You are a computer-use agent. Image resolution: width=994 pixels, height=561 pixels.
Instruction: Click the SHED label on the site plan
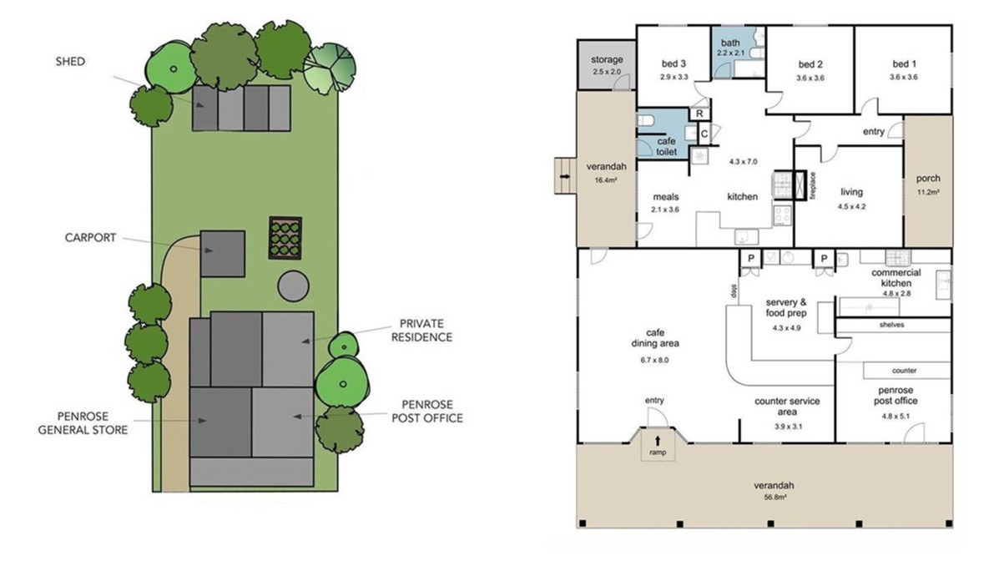(70, 62)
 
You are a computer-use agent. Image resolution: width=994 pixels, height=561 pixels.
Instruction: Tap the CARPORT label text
(91, 238)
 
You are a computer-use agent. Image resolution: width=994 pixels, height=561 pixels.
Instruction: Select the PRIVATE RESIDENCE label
(421, 331)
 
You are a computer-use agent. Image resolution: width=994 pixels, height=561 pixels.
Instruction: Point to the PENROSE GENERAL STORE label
(83, 422)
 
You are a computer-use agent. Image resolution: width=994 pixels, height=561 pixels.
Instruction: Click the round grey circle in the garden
(293, 286)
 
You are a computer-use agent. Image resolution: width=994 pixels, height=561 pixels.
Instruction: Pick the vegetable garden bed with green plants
(285, 238)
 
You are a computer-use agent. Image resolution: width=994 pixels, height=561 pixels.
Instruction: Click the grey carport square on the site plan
(223, 254)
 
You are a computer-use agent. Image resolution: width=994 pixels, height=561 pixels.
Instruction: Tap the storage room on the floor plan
(607, 64)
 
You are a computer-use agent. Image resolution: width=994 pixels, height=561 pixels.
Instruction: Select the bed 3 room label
(674, 63)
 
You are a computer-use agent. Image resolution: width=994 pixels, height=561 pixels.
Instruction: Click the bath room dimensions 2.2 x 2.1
(731, 53)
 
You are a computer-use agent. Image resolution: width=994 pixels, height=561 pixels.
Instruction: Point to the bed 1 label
(905, 63)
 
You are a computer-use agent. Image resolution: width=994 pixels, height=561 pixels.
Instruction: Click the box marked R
(700, 114)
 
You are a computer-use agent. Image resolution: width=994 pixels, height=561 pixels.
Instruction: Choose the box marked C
(704, 134)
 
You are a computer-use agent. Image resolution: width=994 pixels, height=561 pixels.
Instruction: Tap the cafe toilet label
(666, 146)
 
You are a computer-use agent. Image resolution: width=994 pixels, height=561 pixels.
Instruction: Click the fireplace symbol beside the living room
(800, 185)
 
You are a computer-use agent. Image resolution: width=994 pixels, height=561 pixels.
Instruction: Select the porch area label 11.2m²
(928, 192)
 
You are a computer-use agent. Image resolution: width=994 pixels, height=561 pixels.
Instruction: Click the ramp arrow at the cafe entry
(658, 440)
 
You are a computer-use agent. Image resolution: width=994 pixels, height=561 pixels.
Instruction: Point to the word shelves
(892, 325)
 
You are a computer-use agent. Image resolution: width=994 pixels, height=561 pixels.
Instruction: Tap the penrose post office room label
(896, 396)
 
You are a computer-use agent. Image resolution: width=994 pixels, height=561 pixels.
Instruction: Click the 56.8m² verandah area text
(774, 498)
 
